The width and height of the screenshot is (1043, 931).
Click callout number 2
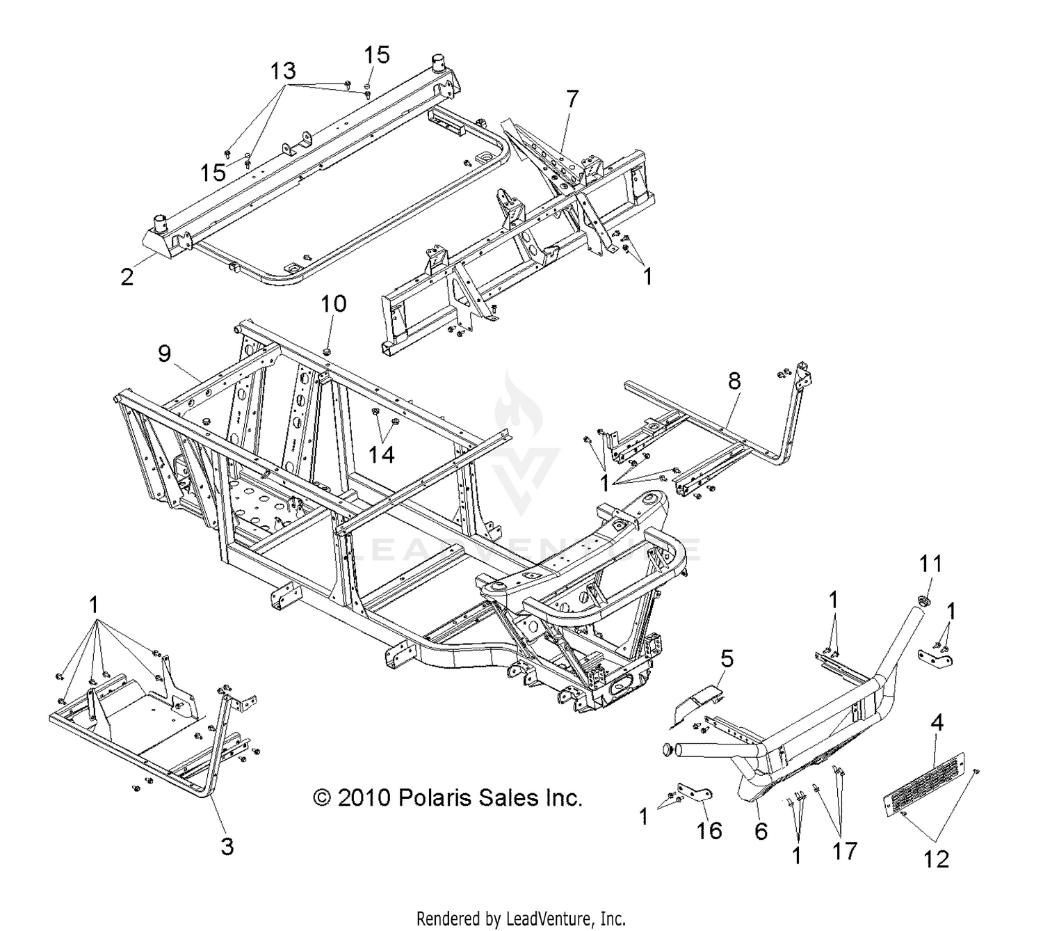point(127,276)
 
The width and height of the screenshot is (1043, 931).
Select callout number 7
point(572,100)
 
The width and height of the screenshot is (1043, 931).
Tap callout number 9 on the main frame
point(164,354)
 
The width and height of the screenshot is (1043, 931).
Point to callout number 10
point(334,305)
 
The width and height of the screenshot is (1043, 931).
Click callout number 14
point(382,454)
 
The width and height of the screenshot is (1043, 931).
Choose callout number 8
point(734,381)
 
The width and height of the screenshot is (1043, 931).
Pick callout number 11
point(931,563)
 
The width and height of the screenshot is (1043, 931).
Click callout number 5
point(726,658)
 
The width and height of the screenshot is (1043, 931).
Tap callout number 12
point(937,859)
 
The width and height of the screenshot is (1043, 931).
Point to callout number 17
point(845,850)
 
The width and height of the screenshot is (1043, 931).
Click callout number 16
point(710,830)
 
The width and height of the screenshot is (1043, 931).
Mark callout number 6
point(761,830)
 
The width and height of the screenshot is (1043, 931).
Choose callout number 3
point(227,846)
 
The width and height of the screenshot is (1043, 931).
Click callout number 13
point(283,71)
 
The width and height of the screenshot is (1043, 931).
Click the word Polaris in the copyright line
point(434,797)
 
